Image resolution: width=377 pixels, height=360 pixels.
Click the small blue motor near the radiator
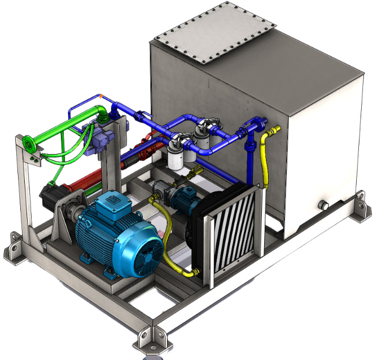[x=183, y=198]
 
